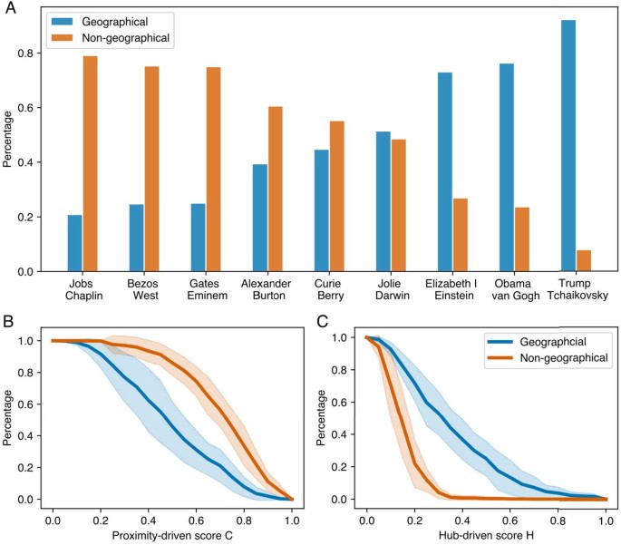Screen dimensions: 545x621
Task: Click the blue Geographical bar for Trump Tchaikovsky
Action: click(x=568, y=145)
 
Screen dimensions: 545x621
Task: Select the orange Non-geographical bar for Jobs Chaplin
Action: click(x=90, y=163)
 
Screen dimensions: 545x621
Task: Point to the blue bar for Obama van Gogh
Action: click(x=507, y=167)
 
